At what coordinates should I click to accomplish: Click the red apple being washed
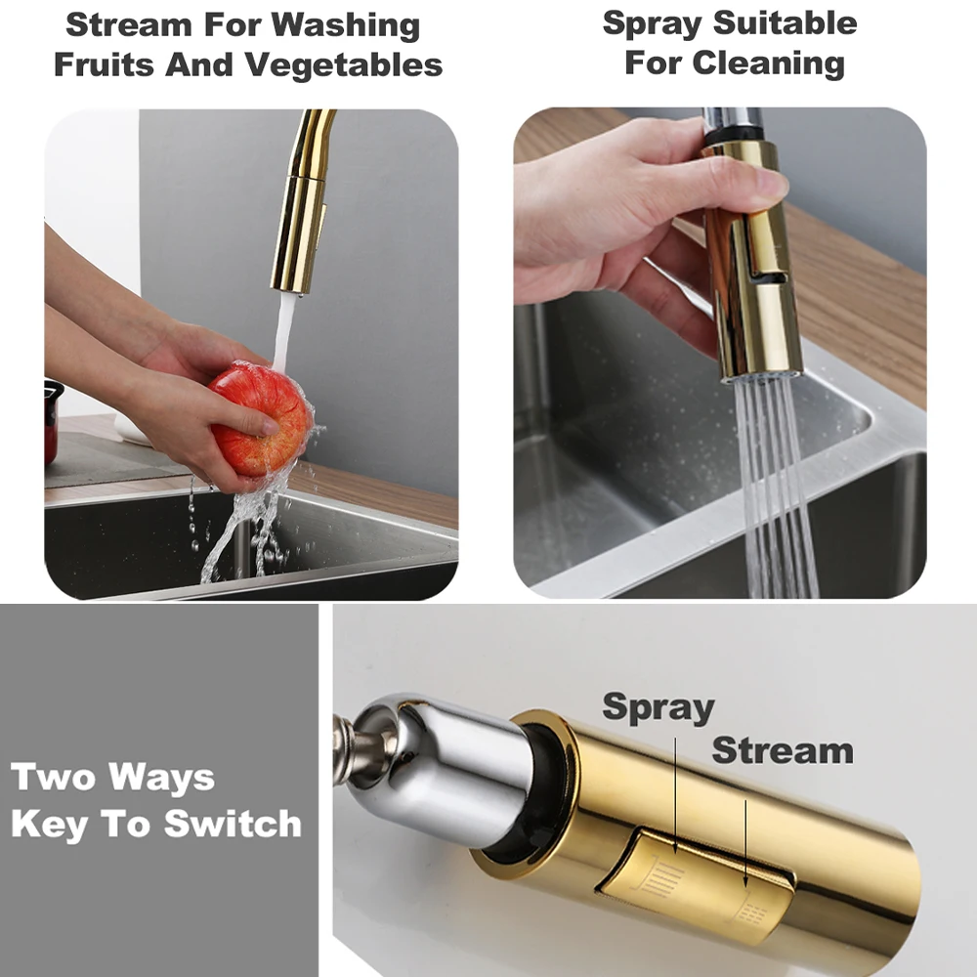[x=261, y=419]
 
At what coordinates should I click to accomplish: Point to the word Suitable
[x=786, y=23]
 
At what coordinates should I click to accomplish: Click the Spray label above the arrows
[x=658, y=707]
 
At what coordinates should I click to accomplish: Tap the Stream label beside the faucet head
[x=783, y=750]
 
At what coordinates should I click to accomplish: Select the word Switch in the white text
[x=233, y=824]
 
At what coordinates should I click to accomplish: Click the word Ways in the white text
[x=161, y=778]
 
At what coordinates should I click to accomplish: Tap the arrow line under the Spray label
[x=675, y=795]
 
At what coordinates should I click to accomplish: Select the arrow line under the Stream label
[x=745, y=844]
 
